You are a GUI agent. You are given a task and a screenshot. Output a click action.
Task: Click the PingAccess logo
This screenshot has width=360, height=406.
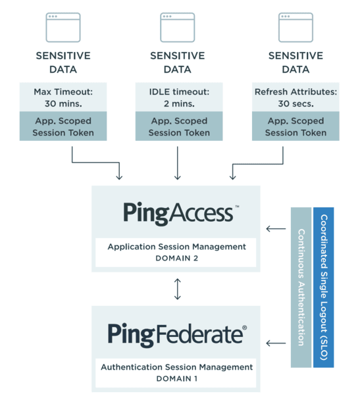tap(181, 213)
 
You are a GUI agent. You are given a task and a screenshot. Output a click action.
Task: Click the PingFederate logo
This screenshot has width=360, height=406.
tap(177, 335)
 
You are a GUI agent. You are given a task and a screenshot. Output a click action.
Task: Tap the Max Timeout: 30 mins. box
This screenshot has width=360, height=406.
tap(63, 97)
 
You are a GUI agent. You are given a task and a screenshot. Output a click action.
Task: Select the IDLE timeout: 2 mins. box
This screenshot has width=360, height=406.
tap(179, 97)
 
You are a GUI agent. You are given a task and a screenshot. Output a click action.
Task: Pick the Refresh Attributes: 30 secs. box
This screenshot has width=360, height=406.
tap(296, 97)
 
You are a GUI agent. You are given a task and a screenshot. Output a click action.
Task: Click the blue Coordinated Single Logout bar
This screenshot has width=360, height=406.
tap(324, 287)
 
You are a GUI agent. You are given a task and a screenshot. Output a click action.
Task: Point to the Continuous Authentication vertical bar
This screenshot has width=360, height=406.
tap(301, 287)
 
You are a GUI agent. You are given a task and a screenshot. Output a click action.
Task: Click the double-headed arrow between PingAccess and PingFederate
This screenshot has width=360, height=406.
tap(178, 289)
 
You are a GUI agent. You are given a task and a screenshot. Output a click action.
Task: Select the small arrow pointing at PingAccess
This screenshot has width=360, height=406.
tap(276, 228)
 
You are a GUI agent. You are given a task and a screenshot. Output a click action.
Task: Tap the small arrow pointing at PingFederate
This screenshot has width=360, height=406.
tap(276, 343)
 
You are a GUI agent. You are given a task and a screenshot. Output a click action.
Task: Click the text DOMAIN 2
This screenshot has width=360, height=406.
tap(176, 258)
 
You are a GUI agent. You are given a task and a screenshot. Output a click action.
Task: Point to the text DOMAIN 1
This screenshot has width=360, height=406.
tap(176, 378)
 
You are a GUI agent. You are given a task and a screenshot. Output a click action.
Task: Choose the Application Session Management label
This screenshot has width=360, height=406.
tap(176, 247)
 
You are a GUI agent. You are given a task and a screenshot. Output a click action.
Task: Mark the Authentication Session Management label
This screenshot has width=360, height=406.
tap(176, 367)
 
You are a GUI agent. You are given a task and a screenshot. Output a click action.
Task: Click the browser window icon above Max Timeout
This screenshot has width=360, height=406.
tap(63, 28)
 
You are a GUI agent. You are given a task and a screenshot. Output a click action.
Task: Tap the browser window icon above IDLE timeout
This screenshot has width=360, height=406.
tap(178, 28)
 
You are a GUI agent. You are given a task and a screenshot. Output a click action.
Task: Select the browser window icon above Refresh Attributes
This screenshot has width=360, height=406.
tap(296, 28)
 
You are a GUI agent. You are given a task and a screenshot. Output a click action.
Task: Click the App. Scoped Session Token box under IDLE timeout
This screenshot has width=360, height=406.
tap(179, 126)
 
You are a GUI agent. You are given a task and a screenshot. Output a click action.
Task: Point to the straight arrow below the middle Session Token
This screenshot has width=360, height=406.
tap(178, 163)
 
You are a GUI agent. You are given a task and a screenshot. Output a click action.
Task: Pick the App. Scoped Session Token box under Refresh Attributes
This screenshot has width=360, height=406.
tap(296, 126)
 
